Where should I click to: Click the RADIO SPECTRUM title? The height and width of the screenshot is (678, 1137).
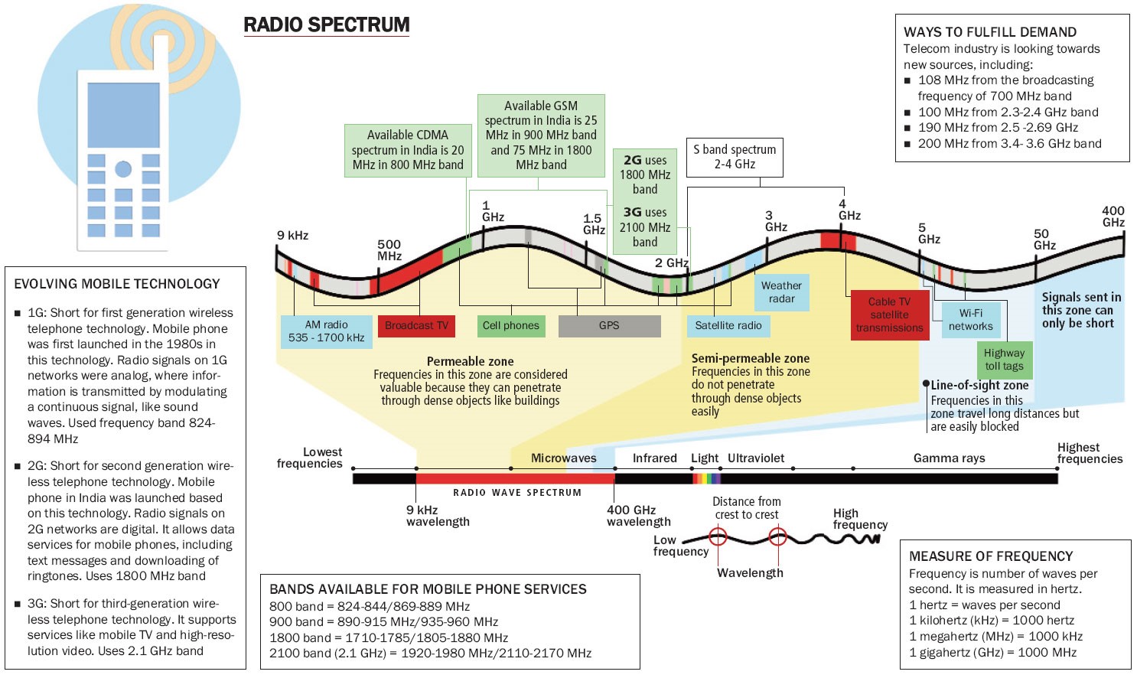327,25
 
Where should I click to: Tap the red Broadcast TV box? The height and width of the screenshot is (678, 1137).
416,326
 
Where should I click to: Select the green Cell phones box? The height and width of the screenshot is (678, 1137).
510,326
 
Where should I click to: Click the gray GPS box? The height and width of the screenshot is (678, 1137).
609,326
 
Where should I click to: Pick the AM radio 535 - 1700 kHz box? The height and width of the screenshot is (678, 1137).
326,331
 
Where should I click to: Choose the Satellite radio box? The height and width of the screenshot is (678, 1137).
728,326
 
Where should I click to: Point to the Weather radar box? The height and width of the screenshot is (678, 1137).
781,292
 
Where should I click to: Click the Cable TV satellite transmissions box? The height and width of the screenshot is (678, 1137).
889,315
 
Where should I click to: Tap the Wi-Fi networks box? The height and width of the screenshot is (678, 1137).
970,320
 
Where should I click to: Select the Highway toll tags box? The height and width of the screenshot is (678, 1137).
1004,360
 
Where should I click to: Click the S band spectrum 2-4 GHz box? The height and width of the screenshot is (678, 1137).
735,157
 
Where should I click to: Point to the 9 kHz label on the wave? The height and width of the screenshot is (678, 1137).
292,236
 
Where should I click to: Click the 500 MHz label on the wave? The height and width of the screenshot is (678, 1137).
389,250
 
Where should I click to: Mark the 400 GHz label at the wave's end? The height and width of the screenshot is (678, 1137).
1113,217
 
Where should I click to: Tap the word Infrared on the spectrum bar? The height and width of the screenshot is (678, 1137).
654,458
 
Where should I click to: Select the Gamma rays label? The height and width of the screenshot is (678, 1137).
949,458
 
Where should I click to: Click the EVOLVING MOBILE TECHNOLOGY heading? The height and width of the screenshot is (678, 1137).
117,284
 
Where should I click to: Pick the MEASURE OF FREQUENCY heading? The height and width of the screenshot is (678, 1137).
991,556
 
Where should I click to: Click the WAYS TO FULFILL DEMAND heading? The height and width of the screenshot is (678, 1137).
990,32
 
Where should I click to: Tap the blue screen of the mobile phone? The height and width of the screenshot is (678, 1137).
123,115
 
